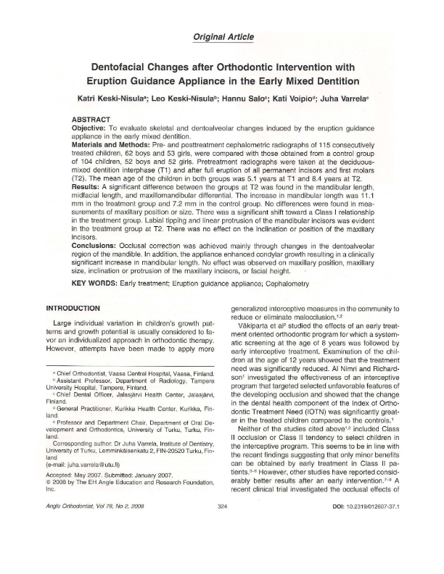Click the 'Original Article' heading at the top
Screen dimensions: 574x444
coord(222,36)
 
